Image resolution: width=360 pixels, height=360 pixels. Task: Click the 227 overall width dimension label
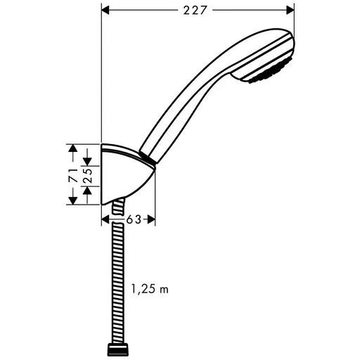(x=198, y=11)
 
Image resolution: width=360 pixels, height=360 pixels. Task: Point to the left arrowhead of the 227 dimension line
(x=106, y=11)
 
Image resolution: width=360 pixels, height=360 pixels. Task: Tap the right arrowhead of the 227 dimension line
(x=289, y=11)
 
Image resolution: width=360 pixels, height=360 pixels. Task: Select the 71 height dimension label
(x=72, y=175)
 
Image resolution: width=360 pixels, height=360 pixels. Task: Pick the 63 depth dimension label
(x=134, y=219)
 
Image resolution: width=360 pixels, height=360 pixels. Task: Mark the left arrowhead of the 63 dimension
(x=106, y=219)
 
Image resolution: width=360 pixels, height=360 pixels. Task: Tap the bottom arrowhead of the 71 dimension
(x=72, y=201)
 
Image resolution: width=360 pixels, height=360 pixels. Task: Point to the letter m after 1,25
(x=165, y=289)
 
